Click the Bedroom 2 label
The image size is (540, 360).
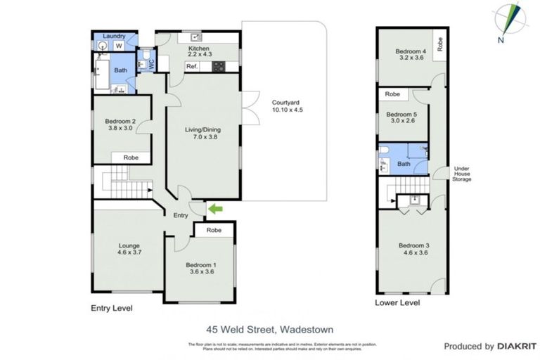112,124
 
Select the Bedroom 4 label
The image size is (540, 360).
411,56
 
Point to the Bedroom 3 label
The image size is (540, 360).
414,250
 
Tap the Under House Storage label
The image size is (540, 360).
462,174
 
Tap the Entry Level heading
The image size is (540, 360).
112,309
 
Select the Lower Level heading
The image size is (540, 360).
398,303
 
